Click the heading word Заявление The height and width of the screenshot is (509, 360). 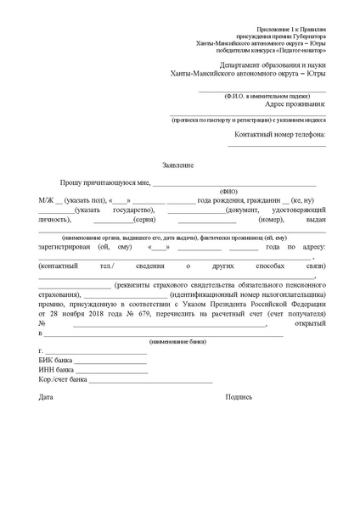pos(178,164)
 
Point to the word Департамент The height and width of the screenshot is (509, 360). pos(245,64)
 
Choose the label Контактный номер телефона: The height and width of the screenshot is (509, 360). pos(279,134)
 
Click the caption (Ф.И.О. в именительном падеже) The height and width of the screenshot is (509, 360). pos(252,96)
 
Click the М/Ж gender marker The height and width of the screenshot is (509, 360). pos(44,199)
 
